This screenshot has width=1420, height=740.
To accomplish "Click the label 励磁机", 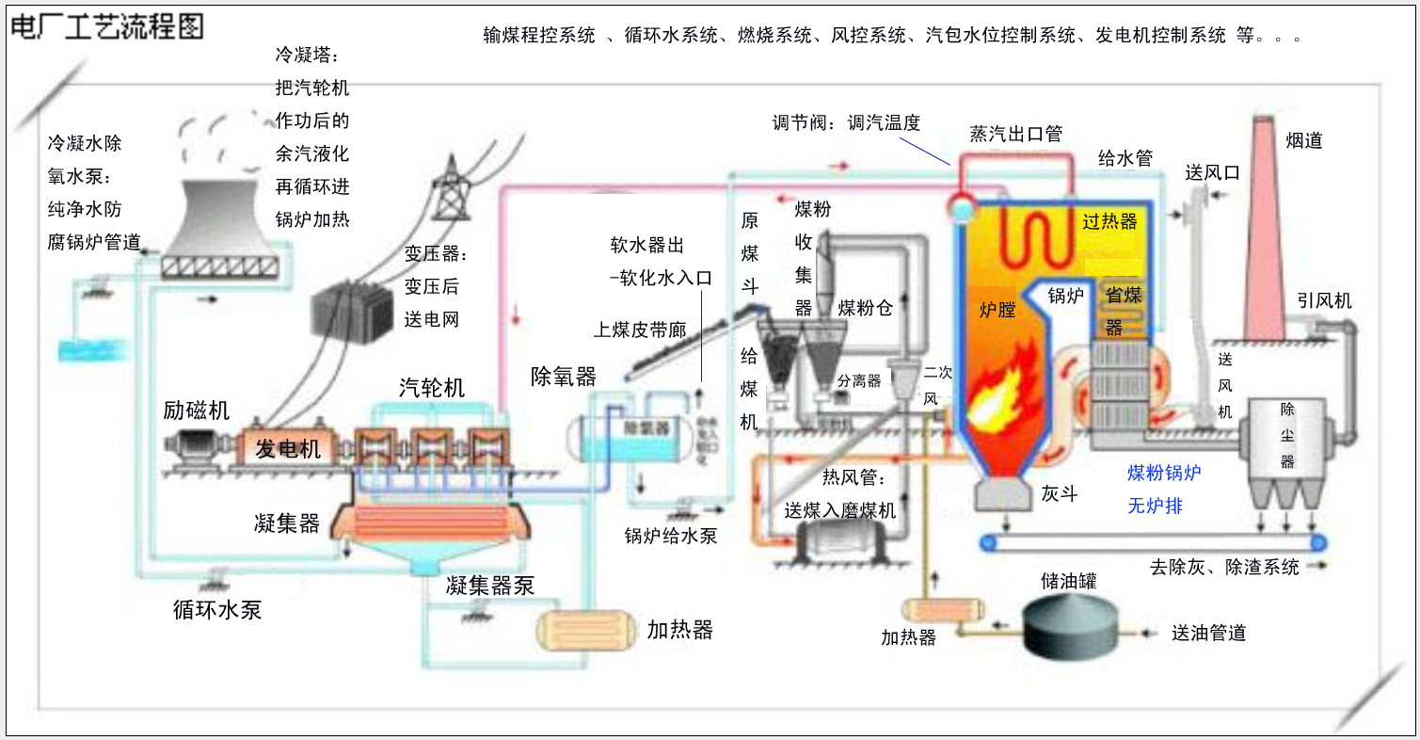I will click(x=196, y=411).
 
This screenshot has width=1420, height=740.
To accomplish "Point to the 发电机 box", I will click(x=289, y=449).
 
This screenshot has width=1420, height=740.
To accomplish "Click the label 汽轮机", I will click(x=432, y=388).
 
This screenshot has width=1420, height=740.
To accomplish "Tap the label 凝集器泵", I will click(x=489, y=586).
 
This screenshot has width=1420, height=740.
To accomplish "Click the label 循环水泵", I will click(x=216, y=610).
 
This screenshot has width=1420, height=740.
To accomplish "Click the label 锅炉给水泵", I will click(x=671, y=536).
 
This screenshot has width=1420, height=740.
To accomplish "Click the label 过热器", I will click(x=1109, y=222).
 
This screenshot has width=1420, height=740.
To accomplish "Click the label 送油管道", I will click(x=1208, y=633).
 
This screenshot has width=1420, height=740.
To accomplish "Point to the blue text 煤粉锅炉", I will click(x=1164, y=474).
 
